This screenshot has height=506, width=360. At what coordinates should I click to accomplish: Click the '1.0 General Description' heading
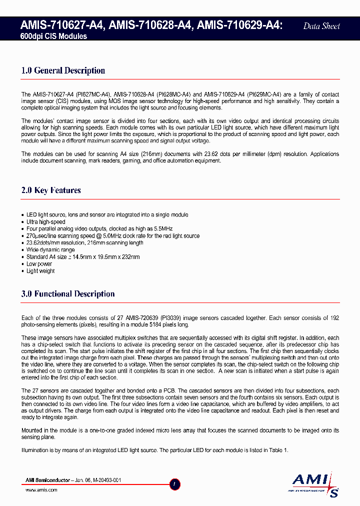coord(63,70)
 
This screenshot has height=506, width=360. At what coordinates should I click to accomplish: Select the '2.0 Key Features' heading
coord(51,190)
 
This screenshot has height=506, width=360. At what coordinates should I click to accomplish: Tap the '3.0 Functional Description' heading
coord(68,294)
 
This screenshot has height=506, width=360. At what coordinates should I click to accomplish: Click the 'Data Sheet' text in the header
coord(321,26)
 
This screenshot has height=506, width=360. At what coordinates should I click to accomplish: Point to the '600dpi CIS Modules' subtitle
coord(53,36)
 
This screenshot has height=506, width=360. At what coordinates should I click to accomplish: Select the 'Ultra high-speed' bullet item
coord(46,222)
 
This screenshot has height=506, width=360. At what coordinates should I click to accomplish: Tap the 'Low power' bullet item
coord(39,264)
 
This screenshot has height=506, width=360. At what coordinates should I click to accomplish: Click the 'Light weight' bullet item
coord(40,271)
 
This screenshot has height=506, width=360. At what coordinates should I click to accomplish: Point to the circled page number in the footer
coord(174,484)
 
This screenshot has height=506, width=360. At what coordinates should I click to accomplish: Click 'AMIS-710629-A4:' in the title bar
coord(240,25)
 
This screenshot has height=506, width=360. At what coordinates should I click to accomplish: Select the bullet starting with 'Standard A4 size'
coord(83,257)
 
